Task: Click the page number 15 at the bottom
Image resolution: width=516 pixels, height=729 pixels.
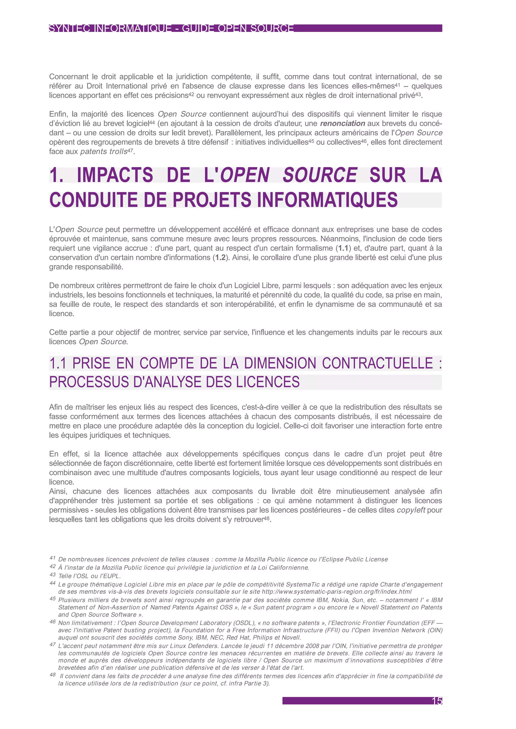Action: pyautogui.click(x=437, y=701)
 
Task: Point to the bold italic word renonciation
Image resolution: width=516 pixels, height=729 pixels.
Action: pyautogui.click(x=342, y=124)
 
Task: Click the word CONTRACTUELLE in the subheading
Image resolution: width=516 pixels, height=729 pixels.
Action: pyautogui.click(x=377, y=363)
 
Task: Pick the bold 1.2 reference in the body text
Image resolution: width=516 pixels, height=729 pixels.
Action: pyautogui.click(x=220, y=258)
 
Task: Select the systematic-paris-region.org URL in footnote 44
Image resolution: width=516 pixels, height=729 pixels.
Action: pyautogui.click(x=336, y=592)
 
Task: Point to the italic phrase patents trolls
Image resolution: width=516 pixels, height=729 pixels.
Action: pyautogui.click(x=104, y=152)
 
